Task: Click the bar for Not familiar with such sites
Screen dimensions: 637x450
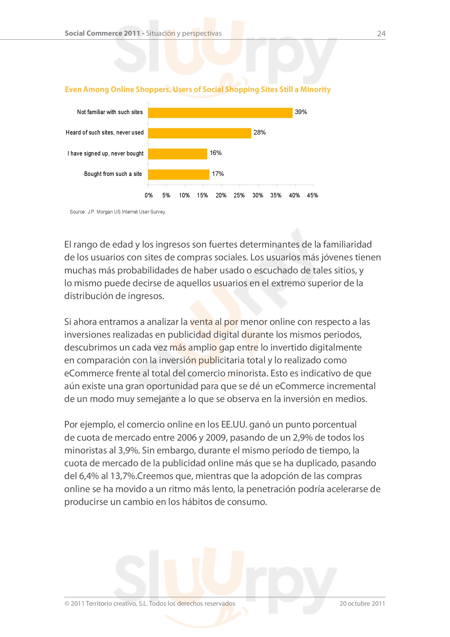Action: tap(220, 113)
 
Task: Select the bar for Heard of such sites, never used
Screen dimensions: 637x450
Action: tap(199, 133)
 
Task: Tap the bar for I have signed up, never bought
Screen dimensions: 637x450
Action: tap(177, 154)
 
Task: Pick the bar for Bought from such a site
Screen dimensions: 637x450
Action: tap(178, 175)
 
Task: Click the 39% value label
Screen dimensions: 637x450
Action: tap(301, 112)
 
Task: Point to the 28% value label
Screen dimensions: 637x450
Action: tap(259, 132)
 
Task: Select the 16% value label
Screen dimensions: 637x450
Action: tap(215, 153)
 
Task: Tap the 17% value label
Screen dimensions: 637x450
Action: tap(218, 174)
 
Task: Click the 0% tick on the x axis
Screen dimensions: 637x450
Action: tap(149, 195)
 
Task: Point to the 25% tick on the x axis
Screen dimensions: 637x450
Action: tap(239, 195)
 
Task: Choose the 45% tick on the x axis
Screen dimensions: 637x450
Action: tap(312, 195)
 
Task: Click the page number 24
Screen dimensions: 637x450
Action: tap(381, 33)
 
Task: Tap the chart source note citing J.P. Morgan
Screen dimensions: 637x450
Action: tap(118, 212)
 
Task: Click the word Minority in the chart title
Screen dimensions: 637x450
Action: tap(315, 89)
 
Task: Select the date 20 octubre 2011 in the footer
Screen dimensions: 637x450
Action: tap(362, 604)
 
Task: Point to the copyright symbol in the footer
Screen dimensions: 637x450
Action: tap(67, 604)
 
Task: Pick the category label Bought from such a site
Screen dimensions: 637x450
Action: tap(113, 174)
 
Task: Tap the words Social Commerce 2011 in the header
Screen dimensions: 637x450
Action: tap(102, 33)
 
